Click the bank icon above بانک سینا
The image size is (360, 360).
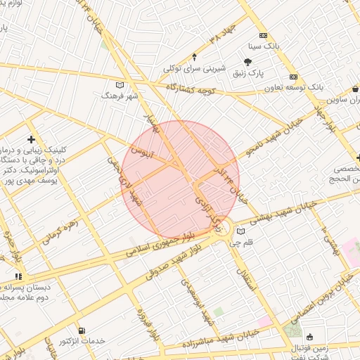pos(263,35)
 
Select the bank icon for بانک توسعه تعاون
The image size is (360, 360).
pos(294,77)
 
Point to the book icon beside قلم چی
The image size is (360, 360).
pos(241,231)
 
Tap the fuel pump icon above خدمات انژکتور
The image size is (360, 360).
pos(84,330)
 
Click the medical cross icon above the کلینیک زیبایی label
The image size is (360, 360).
pos(32,140)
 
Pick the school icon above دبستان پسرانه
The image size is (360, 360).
pos(18,277)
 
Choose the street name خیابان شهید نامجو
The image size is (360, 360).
pos(275,136)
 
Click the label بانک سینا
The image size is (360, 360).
pos(266,45)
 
